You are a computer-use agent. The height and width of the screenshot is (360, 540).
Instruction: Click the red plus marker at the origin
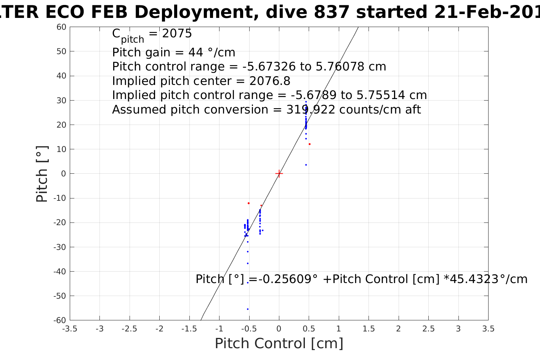coord(279,174)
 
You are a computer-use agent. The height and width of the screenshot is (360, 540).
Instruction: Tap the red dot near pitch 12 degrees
coord(309,144)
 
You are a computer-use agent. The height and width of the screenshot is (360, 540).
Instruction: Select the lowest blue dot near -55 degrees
coord(248,309)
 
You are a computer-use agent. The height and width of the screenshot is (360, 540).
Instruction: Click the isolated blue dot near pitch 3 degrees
coord(306,165)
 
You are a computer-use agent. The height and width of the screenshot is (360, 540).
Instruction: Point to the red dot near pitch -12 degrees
coord(248,203)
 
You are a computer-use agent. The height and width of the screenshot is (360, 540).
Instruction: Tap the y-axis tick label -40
coord(60,272)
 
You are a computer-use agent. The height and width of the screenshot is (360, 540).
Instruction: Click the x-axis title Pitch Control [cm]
coord(279,344)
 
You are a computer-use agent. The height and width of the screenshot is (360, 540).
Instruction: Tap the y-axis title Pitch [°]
coord(42,174)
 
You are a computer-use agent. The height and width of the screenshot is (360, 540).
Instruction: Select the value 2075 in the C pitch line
coord(177,34)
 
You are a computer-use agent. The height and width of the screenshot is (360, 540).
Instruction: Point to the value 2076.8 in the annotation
coord(270,81)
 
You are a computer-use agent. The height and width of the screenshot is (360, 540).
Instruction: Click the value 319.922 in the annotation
coord(311,110)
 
